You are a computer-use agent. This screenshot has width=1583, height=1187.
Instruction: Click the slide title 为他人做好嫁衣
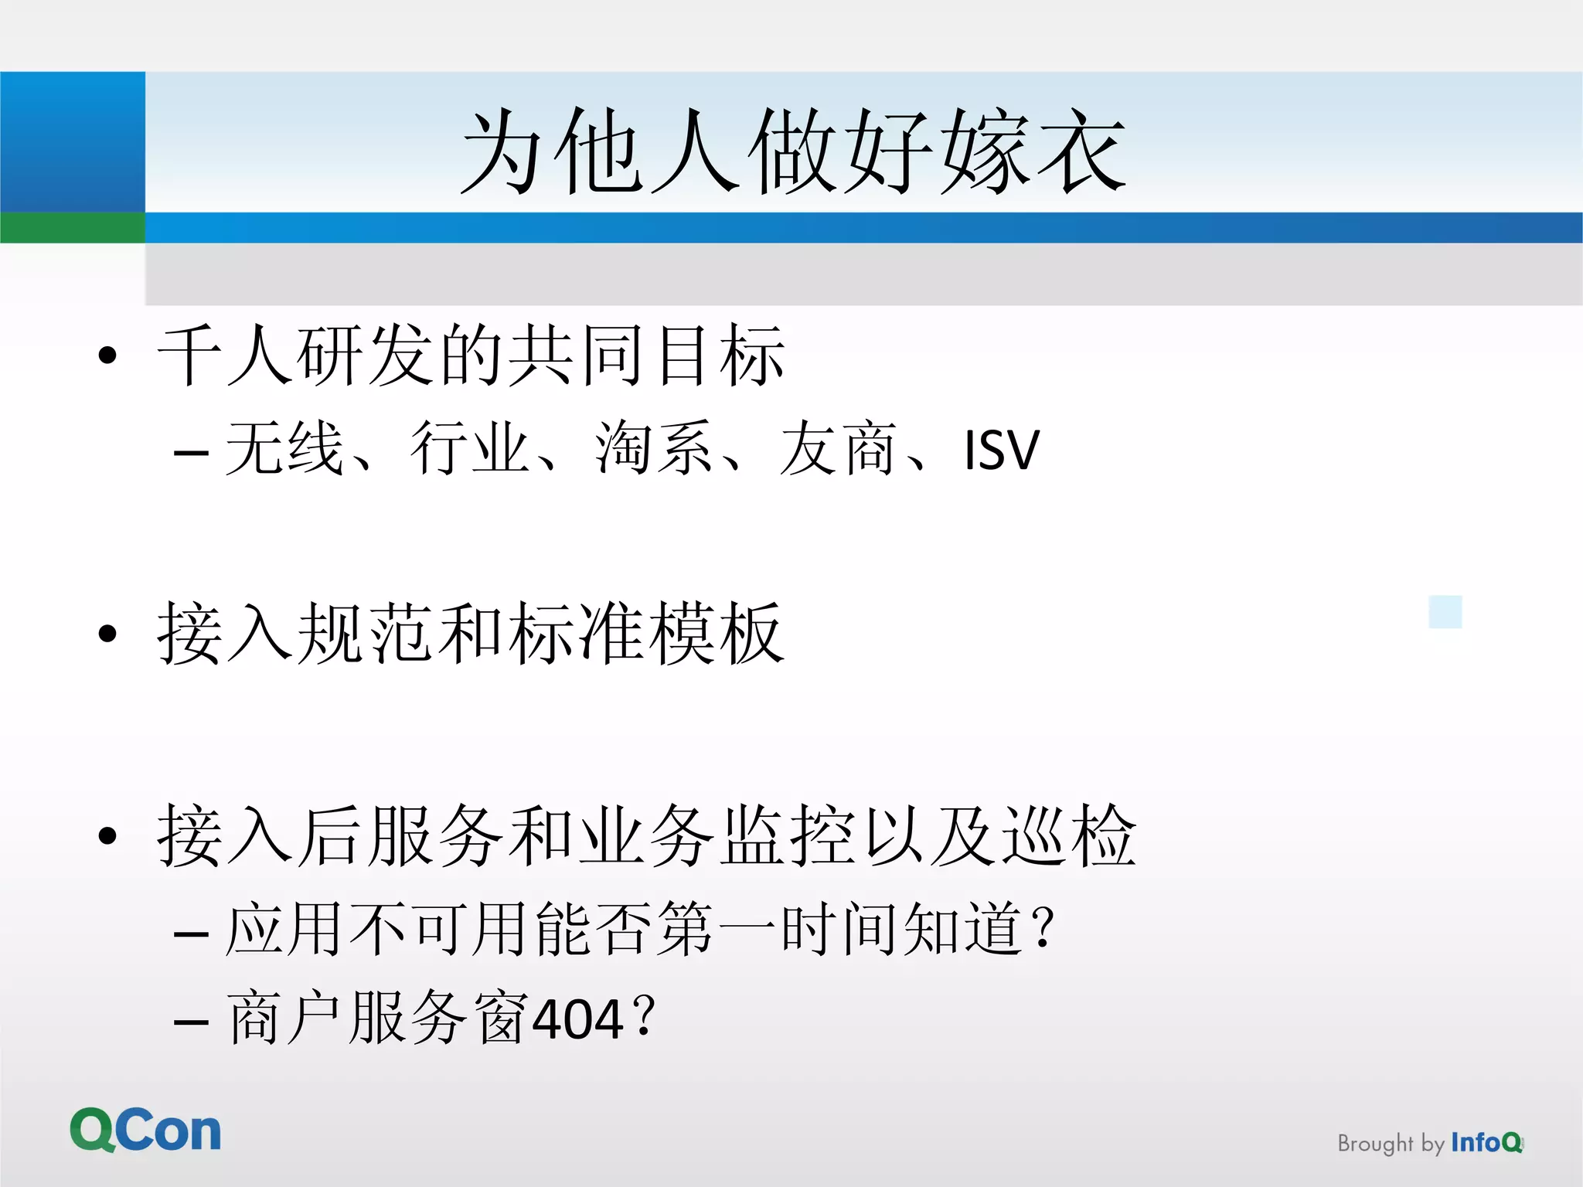click(x=793, y=151)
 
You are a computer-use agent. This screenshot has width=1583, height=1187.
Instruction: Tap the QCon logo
click(x=145, y=1131)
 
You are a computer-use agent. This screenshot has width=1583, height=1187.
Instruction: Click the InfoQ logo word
click(x=1486, y=1142)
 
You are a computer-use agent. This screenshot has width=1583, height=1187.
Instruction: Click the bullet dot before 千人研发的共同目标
click(x=107, y=355)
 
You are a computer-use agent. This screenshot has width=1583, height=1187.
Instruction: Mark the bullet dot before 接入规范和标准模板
click(x=107, y=634)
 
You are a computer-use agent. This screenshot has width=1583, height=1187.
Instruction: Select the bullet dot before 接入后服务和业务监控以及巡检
click(x=107, y=835)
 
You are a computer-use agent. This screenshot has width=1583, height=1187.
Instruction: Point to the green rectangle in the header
click(x=72, y=228)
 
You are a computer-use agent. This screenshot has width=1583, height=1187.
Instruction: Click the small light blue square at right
click(x=1445, y=612)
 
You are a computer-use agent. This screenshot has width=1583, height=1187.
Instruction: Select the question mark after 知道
click(x=1043, y=927)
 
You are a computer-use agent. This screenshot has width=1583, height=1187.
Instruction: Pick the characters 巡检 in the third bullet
click(x=1069, y=835)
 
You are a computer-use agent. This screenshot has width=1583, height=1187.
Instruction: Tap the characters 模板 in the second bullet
click(x=717, y=634)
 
